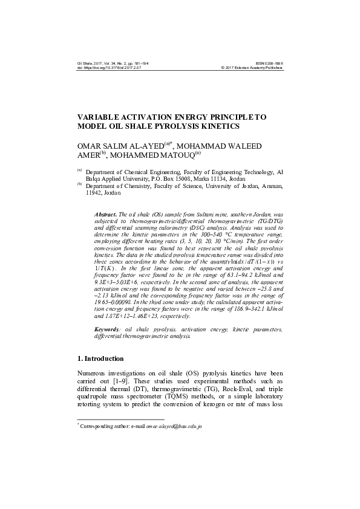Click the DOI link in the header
coord(112,68)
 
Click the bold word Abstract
coord(106,215)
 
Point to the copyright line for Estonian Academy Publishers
coord(252,68)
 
